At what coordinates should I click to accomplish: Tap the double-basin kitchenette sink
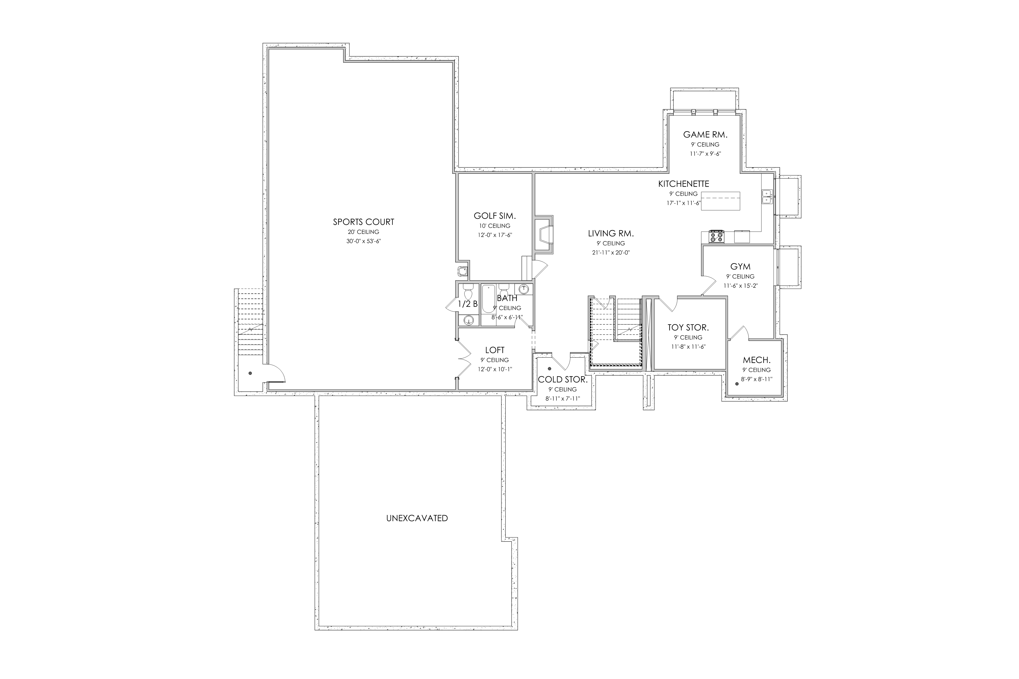[766, 196]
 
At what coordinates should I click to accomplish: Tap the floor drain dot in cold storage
[549, 369]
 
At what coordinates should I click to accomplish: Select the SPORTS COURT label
[363, 222]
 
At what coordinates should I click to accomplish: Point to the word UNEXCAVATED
[417, 518]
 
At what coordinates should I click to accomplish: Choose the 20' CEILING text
[363, 232]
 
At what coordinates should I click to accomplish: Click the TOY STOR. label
[688, 328]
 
